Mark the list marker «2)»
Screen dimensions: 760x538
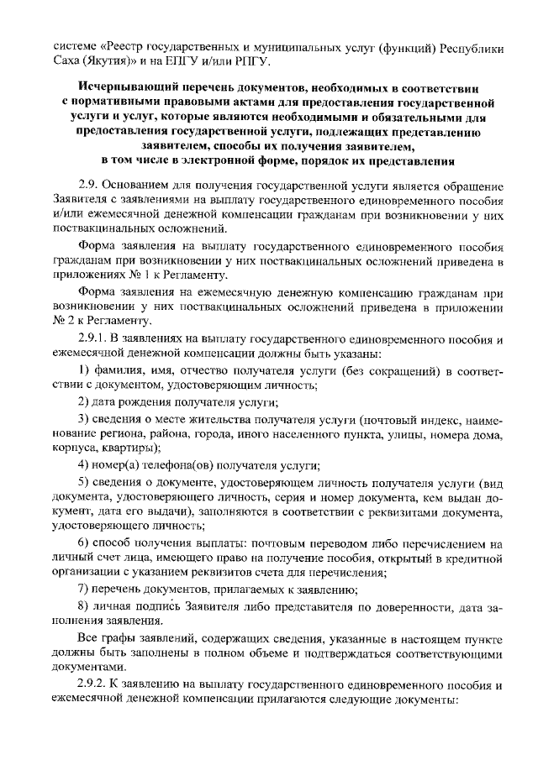tap(83, 401)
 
